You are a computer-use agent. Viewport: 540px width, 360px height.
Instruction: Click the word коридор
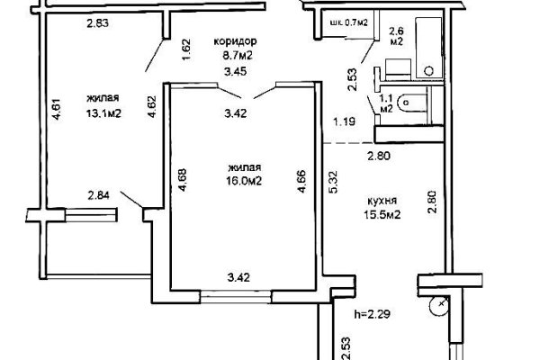point(237,42)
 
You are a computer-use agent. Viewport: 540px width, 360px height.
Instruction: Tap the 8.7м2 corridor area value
point(237,55)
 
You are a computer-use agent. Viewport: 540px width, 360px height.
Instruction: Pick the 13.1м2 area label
point(104,112)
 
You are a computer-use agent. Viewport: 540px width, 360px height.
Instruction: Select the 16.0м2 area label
point(243,179)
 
